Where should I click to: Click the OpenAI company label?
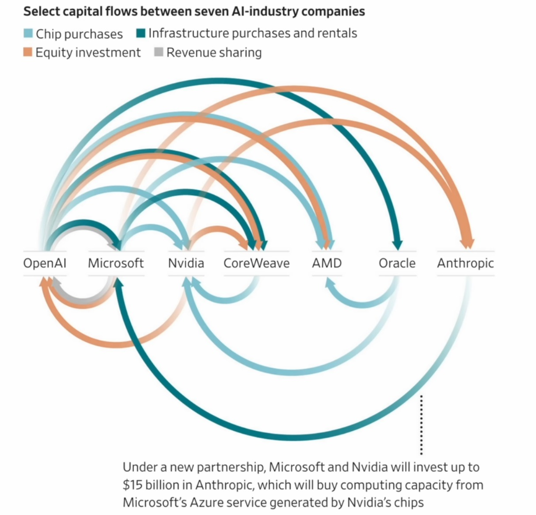45,263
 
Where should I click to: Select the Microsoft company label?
116,263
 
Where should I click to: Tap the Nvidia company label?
186,263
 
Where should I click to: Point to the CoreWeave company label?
256,263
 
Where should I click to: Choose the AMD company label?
327,263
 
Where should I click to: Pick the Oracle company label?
397,263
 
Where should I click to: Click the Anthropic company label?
465,263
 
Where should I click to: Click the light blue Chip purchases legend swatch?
28,34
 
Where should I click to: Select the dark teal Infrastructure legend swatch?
141,33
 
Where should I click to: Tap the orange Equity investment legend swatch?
28,52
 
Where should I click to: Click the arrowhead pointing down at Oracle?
397,244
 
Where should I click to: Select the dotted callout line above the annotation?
422,424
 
